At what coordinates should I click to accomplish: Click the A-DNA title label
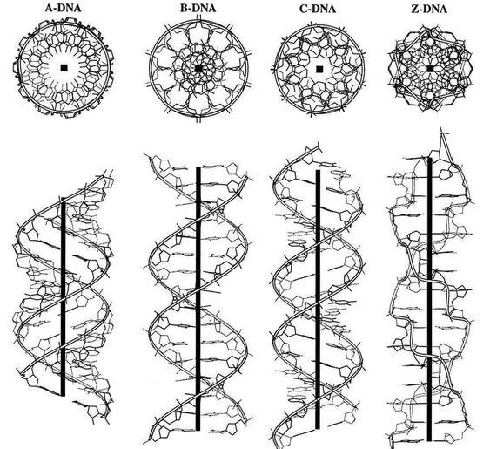point(64,8)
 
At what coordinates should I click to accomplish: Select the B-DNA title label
point(198,8)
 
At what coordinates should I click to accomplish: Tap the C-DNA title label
point(317,9)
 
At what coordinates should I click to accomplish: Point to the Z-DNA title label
point(429,9)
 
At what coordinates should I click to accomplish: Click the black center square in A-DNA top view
point(64,68)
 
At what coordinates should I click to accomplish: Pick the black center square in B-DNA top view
point(198,68)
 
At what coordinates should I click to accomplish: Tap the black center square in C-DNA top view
point(319,69)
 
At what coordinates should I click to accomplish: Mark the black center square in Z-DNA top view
point(430,69)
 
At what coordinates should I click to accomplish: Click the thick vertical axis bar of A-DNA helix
point(64,296)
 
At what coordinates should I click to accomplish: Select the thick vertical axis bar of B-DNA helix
point(198,299)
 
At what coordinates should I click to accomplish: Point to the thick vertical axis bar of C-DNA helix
point(318,299)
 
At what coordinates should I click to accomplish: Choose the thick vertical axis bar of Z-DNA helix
point(430,299)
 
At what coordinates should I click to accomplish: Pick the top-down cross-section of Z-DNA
point(430,69)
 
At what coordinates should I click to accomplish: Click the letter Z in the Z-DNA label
point(414,9)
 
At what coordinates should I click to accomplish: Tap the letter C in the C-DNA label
point(303,9)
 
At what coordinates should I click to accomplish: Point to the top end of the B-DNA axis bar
point(198,167)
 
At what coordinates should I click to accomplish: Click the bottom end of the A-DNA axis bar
point(64,395)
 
